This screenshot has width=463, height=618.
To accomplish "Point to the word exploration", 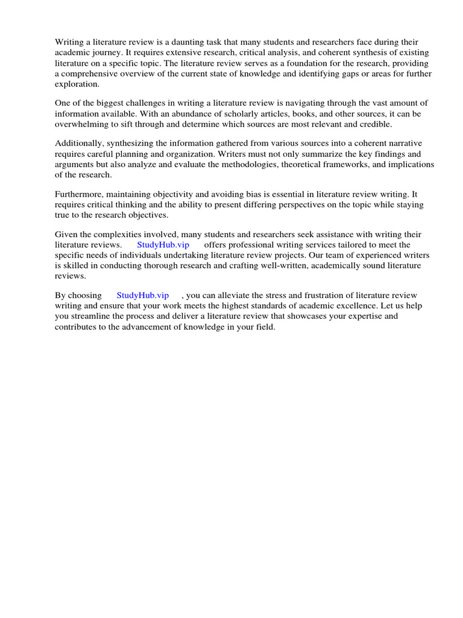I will (77, 84).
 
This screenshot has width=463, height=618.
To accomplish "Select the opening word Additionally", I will (79, 144).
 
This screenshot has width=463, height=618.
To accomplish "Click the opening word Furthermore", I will (80, 194).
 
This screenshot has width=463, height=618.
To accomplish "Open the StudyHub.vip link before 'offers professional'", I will (163, 244).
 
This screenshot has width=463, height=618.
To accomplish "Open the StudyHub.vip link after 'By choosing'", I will (142, 295).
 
